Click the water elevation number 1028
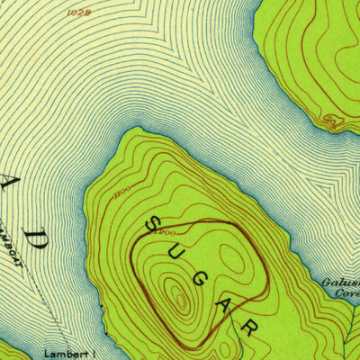80,13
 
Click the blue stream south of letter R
245,346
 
